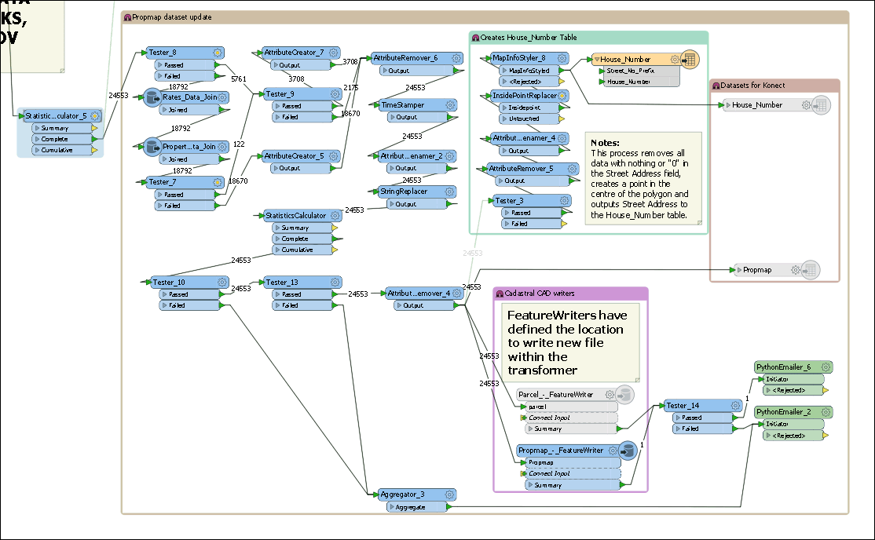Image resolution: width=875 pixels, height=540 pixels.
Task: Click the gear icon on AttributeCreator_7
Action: point(333,53)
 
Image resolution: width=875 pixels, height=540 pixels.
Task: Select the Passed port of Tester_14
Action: point(692,418)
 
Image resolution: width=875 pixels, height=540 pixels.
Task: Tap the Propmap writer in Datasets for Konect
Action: point(756,270)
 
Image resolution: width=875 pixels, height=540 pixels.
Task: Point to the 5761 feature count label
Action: point(239,79)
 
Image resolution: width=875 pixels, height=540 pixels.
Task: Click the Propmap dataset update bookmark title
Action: point(172,17)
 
